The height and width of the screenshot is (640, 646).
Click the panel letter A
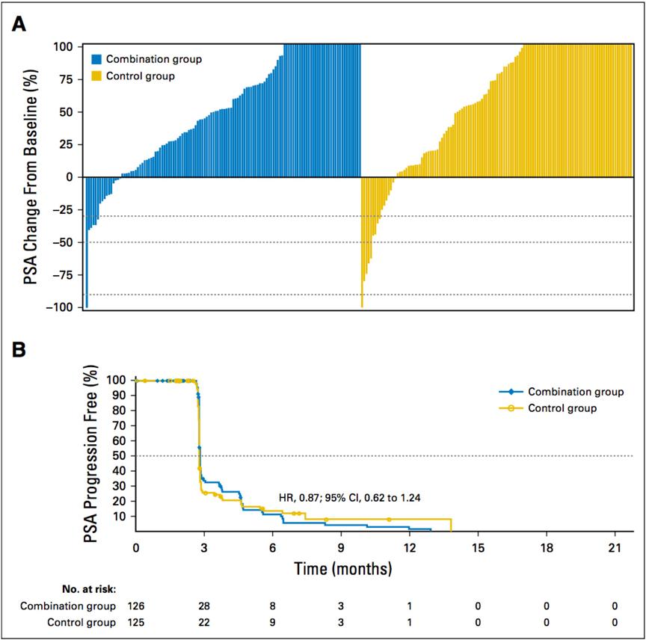point(20,24)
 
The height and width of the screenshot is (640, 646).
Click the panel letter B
point(20,348)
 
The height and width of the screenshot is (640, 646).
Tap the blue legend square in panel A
point(96,59)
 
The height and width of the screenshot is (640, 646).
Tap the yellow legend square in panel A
point(96,76)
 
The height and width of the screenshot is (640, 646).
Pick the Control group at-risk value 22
point(204,621)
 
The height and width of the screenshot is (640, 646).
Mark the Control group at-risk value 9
point(273,621)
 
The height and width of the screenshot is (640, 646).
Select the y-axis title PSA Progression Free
point(94,453)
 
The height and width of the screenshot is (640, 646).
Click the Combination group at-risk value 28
point(204,605)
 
